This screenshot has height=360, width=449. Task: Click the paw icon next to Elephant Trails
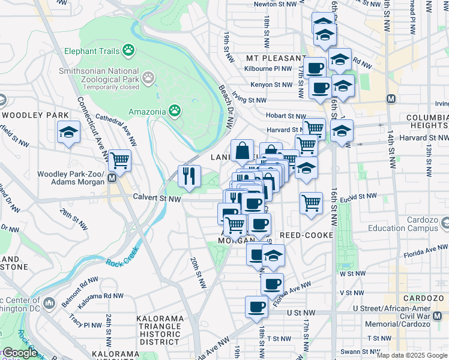(128, 50)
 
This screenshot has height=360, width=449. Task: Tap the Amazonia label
(148, 111)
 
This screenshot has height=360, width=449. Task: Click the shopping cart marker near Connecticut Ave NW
(121, 161)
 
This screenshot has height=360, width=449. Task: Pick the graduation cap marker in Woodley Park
(69, 131)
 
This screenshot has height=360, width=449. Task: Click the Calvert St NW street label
(157, 198)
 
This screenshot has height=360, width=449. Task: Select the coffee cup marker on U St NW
(256, 307)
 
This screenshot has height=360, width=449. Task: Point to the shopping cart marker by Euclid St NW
(311, 203)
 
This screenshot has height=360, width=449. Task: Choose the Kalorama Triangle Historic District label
(159, 330)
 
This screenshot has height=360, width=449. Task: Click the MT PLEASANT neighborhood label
(276, 58)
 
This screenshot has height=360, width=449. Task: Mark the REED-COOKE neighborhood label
(306, 235)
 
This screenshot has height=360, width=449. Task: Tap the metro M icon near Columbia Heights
(391, 98)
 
